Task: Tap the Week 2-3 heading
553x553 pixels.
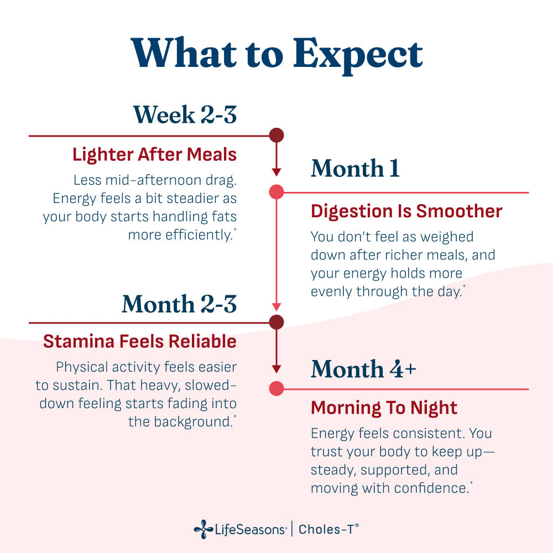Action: [x=185, y=114]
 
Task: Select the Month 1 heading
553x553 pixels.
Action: [x=355, y=168]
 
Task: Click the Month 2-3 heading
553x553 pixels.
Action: [x=179, y=304]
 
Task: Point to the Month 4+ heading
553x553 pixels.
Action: [x=364, y=369]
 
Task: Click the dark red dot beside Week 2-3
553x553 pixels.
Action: [x=276, y=135]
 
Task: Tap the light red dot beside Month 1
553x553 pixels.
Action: [x=276, y=192]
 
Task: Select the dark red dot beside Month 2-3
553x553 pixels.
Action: [x=276, y=322]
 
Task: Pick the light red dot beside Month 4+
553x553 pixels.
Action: [x=276, y=389]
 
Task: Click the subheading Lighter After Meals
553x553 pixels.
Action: [x=154, y=155]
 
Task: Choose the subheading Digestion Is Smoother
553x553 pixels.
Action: [x=406, y=211]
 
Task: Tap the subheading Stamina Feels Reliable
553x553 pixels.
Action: [x=140, y=341]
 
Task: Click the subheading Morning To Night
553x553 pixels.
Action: [x=384, y=408]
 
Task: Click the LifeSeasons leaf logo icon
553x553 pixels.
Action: [x=204, y=529]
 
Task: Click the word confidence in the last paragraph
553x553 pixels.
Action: [x=431, y=488]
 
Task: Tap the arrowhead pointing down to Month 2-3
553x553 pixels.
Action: [x=276, y=306]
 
